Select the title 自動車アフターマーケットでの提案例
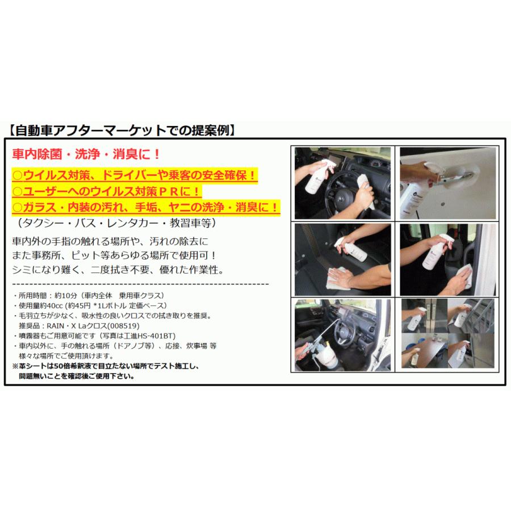122,130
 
